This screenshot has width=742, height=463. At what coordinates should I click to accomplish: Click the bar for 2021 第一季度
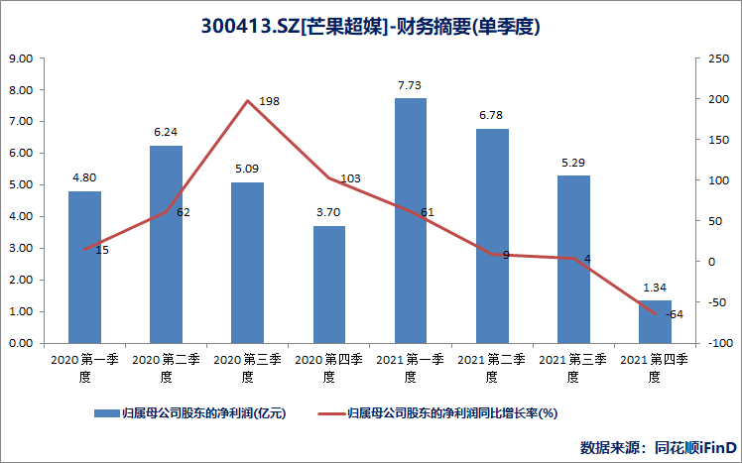tap(410, 220)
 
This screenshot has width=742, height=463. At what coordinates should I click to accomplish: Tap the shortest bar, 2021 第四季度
tap(655, 321)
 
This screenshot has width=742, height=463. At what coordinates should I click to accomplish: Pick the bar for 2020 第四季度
tap(328, 285)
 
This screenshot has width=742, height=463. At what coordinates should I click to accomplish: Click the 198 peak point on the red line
tap(247, 100)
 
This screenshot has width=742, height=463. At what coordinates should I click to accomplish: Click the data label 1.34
tap(655, 289)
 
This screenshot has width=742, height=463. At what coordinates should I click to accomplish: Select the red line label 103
tap(349, 178)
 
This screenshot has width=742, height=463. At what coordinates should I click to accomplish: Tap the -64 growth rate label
tap(675, 314)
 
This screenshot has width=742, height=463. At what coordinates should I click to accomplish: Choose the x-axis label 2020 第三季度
tap(247, 368)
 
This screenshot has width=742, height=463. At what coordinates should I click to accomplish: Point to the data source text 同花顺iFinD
tap(694, 446)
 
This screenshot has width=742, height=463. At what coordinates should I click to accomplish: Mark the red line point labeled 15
tap(84, 249)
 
